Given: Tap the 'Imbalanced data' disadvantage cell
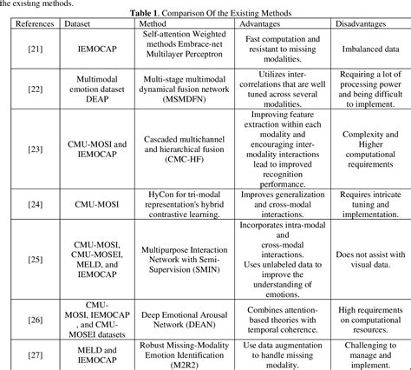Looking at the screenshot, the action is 364,51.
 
